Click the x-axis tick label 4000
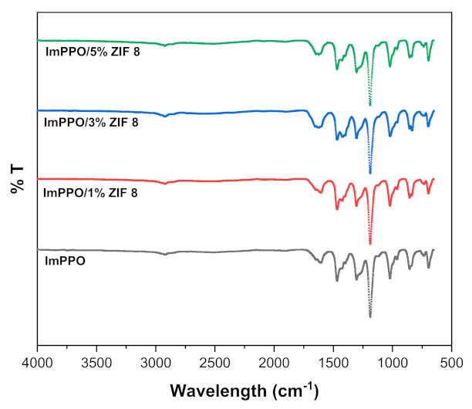click(37, 360)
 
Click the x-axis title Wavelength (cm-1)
click(244, 387)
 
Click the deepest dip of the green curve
click(370, 104)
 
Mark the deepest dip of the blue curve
click(370, 172)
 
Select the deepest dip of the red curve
click(370, 243)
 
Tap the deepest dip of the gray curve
click(370, 316)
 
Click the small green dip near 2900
click(165, 46)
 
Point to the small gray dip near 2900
click(165, 255)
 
